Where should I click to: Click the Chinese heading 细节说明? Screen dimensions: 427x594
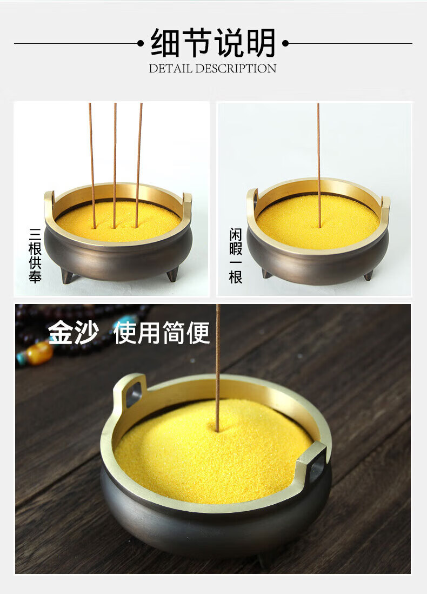(x=213, y=43)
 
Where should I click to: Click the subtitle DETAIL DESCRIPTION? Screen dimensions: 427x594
(x=212, y=69)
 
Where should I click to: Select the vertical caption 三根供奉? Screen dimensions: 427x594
(x=35, y=255)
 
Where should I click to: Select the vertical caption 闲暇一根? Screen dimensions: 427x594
(x=236, y=256)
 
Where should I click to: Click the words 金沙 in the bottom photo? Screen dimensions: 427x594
(x=73, y=332)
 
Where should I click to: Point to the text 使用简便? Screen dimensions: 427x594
(x=162, y=333)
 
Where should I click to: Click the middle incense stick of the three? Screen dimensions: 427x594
(x=115, y=166)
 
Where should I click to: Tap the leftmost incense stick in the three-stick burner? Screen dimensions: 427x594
(x=92, y=166)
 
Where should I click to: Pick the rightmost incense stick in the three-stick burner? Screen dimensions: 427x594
(x=138, y=165)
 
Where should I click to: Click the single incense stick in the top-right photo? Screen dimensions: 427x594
(x=318, y=165)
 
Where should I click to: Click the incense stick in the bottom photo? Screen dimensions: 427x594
(x=218, y=368)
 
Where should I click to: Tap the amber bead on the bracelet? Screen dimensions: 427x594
(x=39, y=353)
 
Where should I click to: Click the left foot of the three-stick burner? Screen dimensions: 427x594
(x=67, y=275)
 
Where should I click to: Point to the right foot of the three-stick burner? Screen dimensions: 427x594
(x=172, y=274)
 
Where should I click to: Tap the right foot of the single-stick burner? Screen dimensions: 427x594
(x=368, y=275)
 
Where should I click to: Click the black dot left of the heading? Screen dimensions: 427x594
(x=141, y=43)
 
